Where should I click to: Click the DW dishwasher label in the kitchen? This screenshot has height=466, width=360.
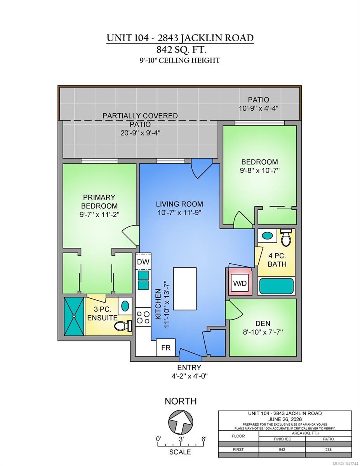tap(143, 262)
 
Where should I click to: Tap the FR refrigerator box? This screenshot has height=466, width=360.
tap(165, 348)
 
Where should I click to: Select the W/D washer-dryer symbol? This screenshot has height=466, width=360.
tap(240, 283)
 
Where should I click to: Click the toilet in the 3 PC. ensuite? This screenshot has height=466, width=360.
tap(123, 326)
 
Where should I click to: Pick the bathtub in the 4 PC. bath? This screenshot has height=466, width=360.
tap(277, 286)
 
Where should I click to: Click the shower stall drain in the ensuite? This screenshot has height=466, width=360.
tap(74, 316)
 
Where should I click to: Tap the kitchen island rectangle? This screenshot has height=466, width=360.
tap(185, 289)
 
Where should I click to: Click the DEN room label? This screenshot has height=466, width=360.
tap(263, 323)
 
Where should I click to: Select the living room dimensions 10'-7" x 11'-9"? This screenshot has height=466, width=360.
tap(179, 213)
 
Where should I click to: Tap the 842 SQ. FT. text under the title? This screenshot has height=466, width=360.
tap(181, 50)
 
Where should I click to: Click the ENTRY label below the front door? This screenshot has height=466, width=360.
tap(189, 368)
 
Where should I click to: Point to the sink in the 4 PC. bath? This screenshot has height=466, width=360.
tap(267, 236)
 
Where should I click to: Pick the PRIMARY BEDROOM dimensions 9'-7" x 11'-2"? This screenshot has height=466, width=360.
tap(99, 214)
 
